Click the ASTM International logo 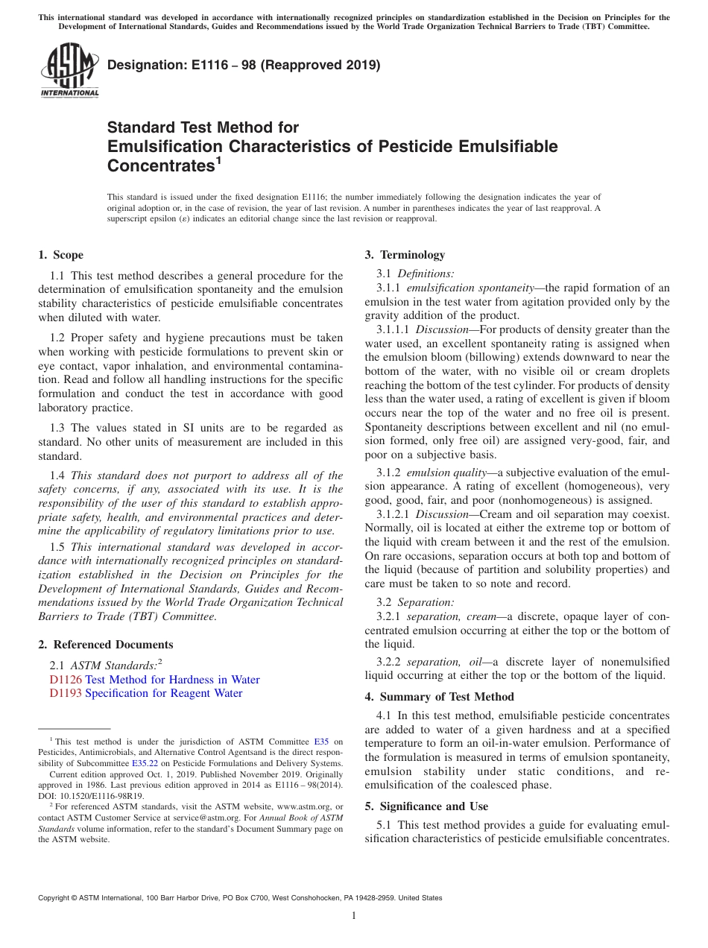[x=69, y=70]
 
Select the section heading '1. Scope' [x=60, y=255]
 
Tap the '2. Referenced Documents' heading [x=105, y=645]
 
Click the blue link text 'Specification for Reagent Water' [x=164, y=693]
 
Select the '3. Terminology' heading [x=405, y=255]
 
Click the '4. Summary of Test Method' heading [x=439, y=697]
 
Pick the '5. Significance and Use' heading [x=426, y=806]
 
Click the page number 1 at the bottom [x=354, y=916]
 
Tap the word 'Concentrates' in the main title [x=160, y=165]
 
